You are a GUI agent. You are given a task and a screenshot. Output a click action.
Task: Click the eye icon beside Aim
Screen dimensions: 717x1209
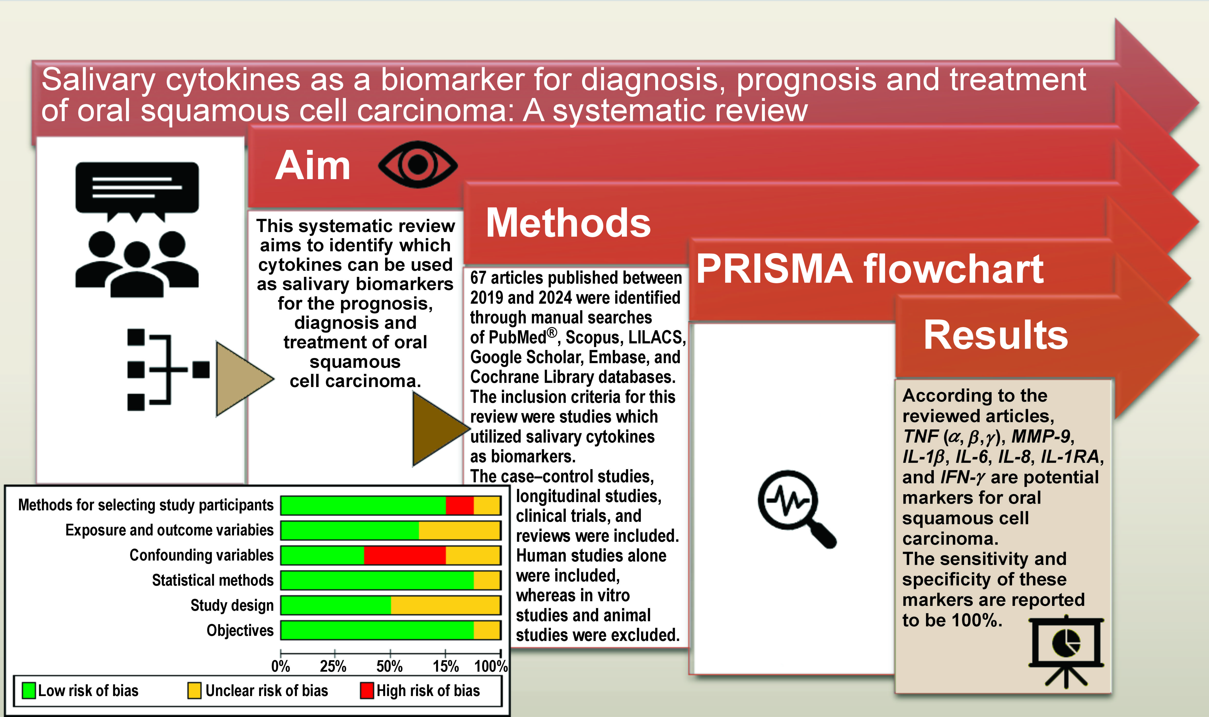(418, 164)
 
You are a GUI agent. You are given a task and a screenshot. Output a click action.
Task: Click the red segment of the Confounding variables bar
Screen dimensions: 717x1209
(404, 555)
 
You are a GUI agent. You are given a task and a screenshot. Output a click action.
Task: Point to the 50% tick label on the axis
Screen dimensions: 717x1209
(390, 666)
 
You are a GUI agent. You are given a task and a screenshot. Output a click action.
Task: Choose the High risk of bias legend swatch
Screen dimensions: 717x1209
(367, 690)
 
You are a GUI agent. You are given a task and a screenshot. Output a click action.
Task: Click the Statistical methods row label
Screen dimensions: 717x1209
(213, 580)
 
